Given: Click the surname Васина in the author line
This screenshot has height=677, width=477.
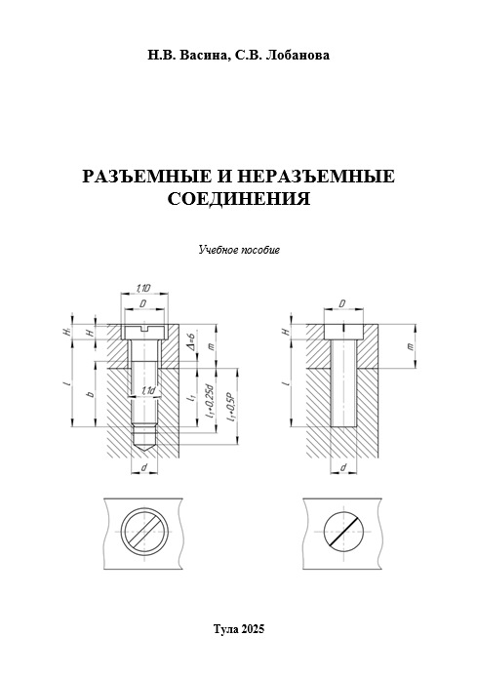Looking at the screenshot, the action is (203, 56).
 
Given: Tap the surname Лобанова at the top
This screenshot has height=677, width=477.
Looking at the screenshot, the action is (298, 56).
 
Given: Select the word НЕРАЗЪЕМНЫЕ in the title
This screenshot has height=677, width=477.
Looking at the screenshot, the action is (316, 177).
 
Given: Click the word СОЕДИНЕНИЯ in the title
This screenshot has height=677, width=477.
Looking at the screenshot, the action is (238, 199).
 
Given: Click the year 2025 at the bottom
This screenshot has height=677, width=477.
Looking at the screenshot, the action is (253, 628).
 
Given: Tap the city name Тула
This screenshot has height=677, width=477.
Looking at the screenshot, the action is (225, 629).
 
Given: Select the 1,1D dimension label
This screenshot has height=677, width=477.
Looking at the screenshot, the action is (143, 288).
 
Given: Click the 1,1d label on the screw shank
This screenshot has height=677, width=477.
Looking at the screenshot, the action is (148, 390).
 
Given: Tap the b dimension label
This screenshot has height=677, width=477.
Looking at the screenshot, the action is (90, 394).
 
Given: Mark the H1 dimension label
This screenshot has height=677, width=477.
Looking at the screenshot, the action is (66, 332).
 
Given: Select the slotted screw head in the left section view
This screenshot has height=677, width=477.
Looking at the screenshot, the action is (144, 332).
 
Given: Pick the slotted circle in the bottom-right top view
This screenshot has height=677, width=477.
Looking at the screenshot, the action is (343, 532).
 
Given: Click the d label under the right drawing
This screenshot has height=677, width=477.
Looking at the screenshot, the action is (343, 467).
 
